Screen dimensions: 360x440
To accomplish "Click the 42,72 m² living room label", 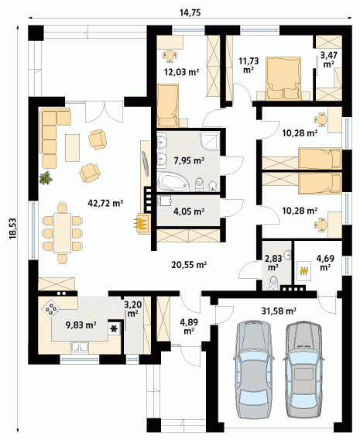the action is click(x=105, y=203).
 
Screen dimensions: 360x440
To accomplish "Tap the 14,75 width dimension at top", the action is click(x=190, y=12).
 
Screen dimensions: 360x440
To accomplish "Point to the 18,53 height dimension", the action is click(x=13, y=229).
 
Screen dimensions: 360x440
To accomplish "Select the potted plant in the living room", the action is click(x=46, y=178).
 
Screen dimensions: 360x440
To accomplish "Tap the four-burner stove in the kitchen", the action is click(x=51, y=308).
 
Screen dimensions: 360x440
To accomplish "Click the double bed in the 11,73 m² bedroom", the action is click(x=283, y=78).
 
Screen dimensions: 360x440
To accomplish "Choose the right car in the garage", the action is click(x=303, y=374).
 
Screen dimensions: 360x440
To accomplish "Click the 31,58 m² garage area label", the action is click(x=279, y=311).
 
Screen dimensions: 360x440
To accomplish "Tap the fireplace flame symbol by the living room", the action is click(x=141, y=224).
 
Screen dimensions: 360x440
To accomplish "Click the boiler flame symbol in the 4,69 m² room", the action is click(x=304, y=271).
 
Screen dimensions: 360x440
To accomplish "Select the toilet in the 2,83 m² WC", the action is click(x=273, y=283).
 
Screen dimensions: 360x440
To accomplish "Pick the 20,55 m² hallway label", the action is click(x=189, y=265).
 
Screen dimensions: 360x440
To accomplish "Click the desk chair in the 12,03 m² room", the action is click(x=170, y=56).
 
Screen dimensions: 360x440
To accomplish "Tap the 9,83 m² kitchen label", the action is click(x=81, y=325).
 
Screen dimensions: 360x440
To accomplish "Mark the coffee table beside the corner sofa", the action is click(x=72, y=148).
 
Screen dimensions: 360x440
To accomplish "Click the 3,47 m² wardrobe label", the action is click(x=328, y=59).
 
